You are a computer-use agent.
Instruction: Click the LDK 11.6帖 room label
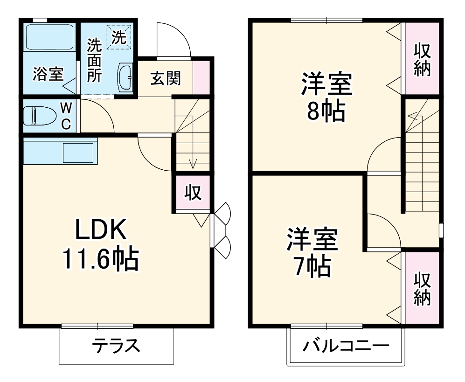[x=100, y=244]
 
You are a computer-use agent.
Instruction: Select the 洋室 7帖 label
[x=312, y=252]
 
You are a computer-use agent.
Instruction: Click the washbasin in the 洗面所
[x=126, y=76]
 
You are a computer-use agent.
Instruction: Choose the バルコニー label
[x=345, y=347]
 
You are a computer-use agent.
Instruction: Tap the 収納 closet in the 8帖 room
[x=422, y=59]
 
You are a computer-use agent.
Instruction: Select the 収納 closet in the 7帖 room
[x=422, y=288]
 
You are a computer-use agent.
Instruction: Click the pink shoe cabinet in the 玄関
[x=201, y=77]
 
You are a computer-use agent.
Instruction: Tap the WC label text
[x=67, y=116]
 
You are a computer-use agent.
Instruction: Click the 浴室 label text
[x=48, y=75]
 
